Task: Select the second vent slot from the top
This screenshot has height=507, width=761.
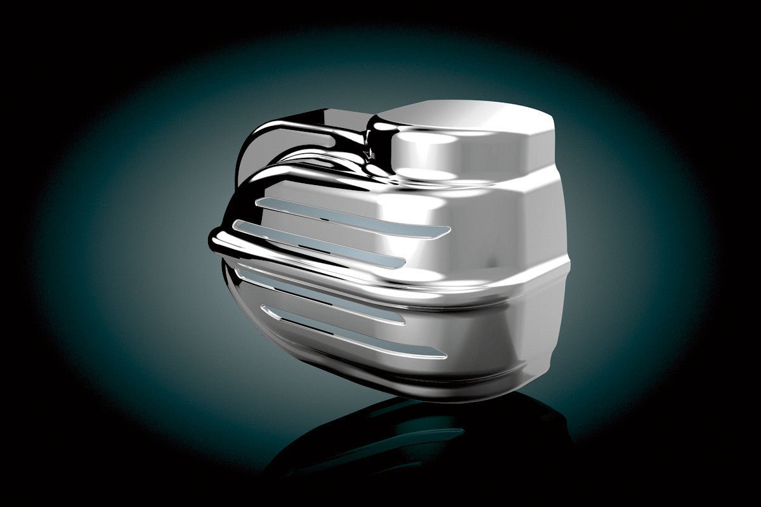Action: [x=317, y=241]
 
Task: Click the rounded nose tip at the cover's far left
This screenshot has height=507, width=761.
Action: [x=216, y=241]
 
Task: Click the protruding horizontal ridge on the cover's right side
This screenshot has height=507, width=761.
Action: [x=507, y=279]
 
